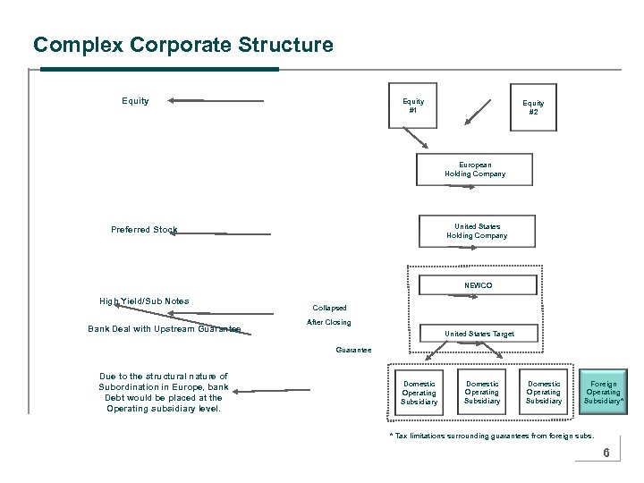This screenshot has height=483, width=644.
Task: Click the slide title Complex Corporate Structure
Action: click(x=182, y=45)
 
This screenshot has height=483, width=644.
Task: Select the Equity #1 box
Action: click(x=412, y=107)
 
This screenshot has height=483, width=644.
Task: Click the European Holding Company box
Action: click(x=474, y=169)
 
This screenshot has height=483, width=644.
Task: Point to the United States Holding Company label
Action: click(x=476, y=231)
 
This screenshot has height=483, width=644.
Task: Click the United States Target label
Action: click(x=479, y=334)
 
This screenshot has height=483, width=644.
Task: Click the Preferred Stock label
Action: click(x=144, y=230)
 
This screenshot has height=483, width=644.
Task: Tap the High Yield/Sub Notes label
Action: click(x=144, y=301)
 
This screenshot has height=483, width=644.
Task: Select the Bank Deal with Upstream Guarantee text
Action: click(x=165, y=329)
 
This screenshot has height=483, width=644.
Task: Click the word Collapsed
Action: click(x=329, y=308)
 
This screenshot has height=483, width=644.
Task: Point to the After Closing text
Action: click(x=328, y=322)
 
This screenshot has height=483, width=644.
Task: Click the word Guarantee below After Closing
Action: click(x=354, y=349)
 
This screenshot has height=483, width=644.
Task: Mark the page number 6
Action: click(x=606, y=453)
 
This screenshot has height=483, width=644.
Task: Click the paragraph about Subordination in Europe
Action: click(x=163, y=393)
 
